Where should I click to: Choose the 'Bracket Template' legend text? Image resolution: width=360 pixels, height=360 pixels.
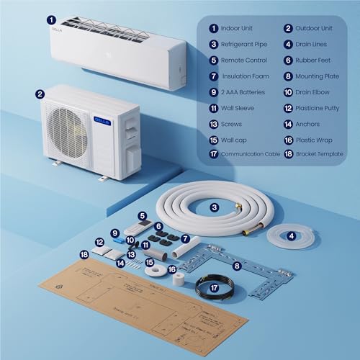tap(320, 154)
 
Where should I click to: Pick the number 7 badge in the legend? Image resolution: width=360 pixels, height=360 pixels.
tap(213, 76)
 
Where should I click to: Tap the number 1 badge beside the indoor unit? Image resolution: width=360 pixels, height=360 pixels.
tap(50, 21)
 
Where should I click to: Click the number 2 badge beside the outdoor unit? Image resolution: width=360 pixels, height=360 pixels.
tap(40, 93)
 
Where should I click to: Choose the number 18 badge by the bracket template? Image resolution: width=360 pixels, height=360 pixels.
tap(85, 254)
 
